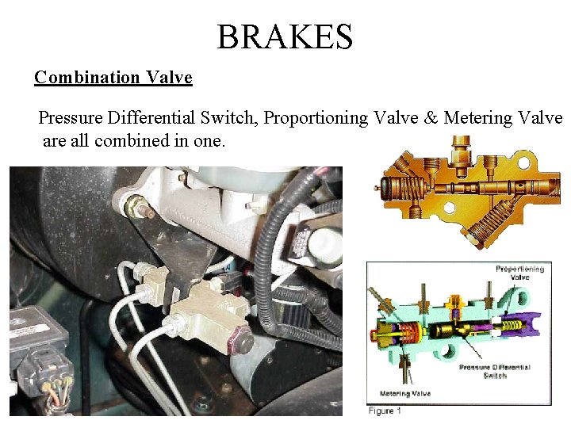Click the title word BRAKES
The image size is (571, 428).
(285, 36)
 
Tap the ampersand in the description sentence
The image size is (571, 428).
(431, 118)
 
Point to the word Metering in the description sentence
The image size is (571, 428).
(477, 118)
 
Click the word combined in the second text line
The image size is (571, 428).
(156, 141)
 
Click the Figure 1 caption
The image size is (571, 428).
(385, 411)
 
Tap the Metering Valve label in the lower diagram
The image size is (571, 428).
(406, 393)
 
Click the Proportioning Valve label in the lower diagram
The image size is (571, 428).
(519, 273)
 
